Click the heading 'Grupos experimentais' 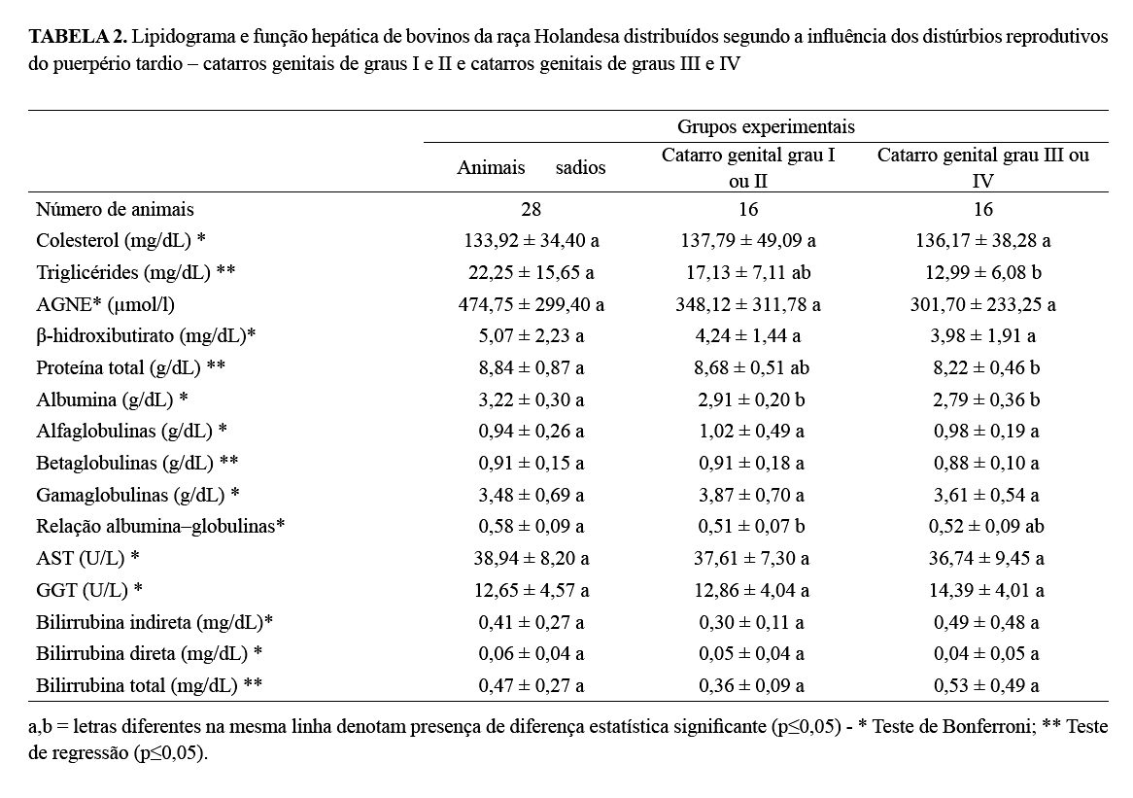pos(766,127)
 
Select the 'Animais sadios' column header pos(531,168)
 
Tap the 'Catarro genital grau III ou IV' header pos(983,167)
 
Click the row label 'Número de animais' pos(115,209)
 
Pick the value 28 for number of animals pos(531,209)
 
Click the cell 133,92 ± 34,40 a pos(531,240)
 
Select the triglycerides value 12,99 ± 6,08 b pos(983,272)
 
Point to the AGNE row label pos(105,304)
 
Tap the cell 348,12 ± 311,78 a pos(748,304)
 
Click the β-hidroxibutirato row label pos(146,336)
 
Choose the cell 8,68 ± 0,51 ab pos(748,367)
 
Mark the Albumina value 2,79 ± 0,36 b pos(983,399)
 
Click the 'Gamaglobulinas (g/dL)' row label pos(138,495)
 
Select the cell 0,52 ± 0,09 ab pos(983,527)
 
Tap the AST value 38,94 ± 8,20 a pos(531,558)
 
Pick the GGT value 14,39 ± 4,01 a pos(983,590)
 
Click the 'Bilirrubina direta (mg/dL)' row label pos(150,653)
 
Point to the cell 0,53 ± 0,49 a pos(983,685)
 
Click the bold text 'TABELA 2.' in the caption pos(77,38)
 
